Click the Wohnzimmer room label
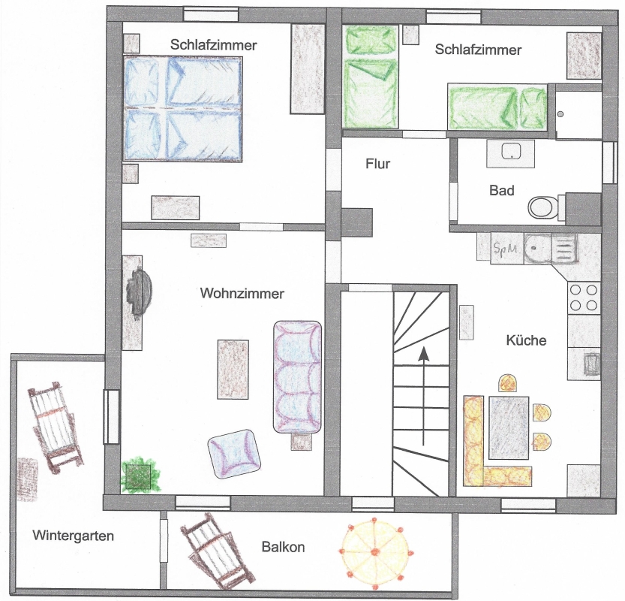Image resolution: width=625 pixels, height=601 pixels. click(242, 293)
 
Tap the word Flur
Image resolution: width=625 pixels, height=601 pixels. click(377, 164)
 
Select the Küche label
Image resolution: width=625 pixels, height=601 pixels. click(526, 340)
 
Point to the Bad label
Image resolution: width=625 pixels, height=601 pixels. click(501, 190)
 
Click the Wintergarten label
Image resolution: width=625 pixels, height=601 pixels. click(74, 536)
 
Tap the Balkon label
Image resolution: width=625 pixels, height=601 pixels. click(283, 547)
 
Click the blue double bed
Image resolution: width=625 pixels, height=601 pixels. click(182, 109)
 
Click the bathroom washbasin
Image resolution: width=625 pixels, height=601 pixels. click(510, 153)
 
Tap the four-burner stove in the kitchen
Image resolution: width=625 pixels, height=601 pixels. click(584, 297)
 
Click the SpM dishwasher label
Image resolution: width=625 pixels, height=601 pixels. click(505, 249)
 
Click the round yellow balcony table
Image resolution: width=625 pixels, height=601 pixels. click(374, 553)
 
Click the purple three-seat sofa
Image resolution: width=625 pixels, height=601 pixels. click(297, 377)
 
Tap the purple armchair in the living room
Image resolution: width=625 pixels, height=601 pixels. click(234, 454)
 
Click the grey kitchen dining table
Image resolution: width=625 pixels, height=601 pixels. click(509, 427)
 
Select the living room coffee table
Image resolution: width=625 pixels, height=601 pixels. click(233, 369)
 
